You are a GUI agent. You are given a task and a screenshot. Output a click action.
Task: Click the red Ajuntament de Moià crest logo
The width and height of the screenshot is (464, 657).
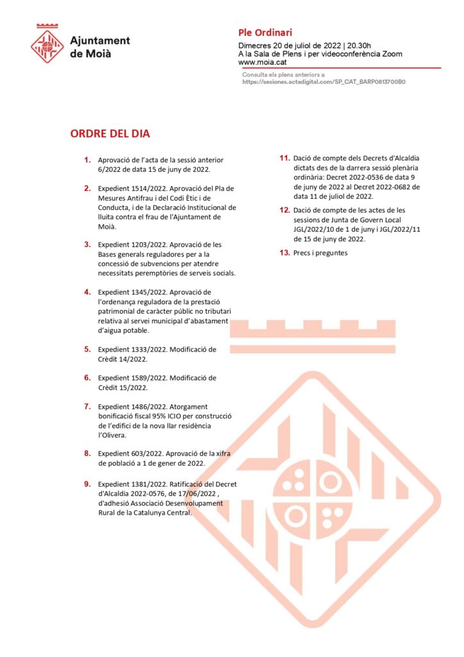point(47,44)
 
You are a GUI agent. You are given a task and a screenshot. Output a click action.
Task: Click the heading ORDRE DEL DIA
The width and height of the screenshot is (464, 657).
point(110,134)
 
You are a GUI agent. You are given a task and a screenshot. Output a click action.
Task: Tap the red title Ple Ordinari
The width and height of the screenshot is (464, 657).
point(265,33)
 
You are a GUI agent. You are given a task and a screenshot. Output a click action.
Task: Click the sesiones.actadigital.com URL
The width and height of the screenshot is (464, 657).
point(324,82)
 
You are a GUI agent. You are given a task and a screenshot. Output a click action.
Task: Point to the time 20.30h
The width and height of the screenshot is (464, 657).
point(360,46)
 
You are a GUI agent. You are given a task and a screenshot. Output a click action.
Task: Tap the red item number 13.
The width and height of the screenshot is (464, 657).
point(285,253)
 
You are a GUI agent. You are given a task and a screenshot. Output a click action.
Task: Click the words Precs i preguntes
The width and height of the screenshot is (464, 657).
point(320,253)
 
